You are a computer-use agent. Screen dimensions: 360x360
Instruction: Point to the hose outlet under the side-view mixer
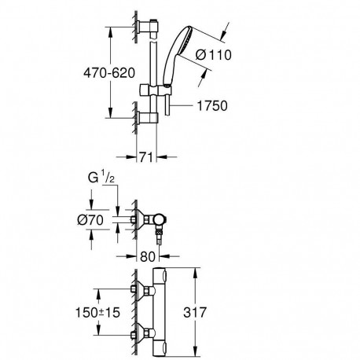pyautogui.click(x=160, y=236)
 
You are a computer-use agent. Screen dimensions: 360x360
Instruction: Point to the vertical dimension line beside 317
pyautogui.click(x=194, y=313)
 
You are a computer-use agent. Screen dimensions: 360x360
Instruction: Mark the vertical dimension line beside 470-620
pyautogui.click(x=109, y=72)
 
